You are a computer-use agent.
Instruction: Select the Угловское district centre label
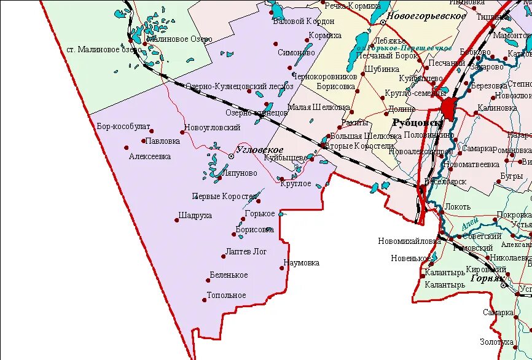pyautogui.click(x=259, y=151)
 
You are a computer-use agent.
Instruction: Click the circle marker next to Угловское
pyautogui.click(x=232, y=157)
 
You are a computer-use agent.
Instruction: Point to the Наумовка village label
pyautogui.click(x=302, y=263)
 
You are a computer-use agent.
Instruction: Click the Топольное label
pyautogui.click(x=226, y=295)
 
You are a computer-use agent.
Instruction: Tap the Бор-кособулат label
pyautogui.click(x=123, y=127)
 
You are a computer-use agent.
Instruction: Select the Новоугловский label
pyautogui.click(x=212, y=128)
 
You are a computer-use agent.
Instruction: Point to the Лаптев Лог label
pyautogui.click(x=246, y=252)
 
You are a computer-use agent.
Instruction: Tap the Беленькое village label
pyautogui.click(x=229, y=275)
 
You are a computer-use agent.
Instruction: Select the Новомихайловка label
pyautogui.click(x=410, y=241)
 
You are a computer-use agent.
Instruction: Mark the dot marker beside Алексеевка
pyautogui.click(x=127, y=147)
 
